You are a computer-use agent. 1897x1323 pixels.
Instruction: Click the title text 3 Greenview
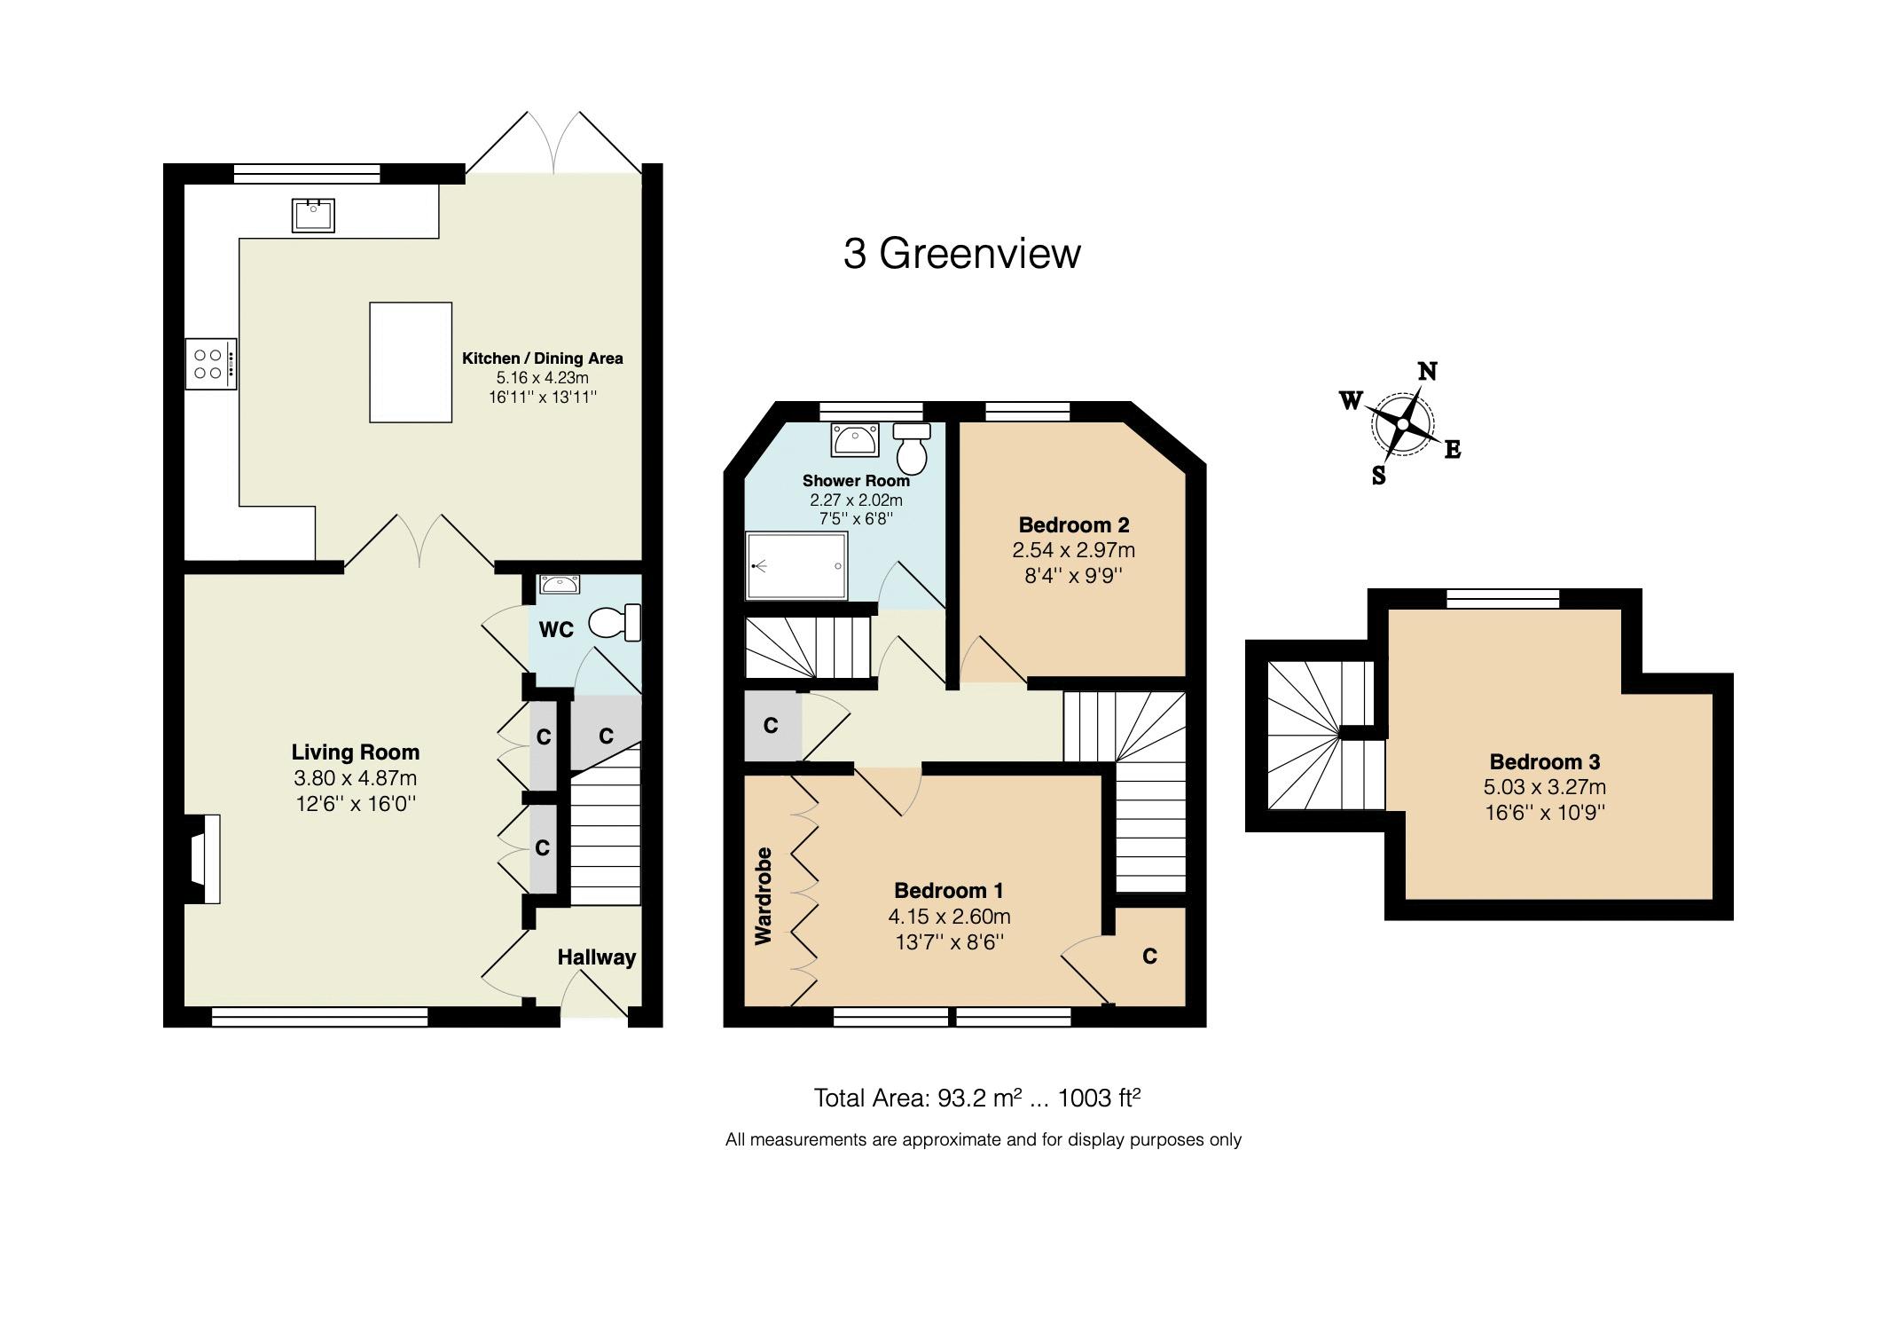pyautogui.click(x=961, y=254)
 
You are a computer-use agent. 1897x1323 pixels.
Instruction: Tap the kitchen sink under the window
pyautogui.click(x=313, y=215)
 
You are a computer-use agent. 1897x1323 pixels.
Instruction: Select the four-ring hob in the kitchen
pyautogui.click(x=211, y=364)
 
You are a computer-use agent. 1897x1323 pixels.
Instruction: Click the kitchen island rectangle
pyautogui.click(x=411, y=362)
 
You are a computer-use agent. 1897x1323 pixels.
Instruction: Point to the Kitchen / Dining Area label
pyautogui.click(x=543, y=358)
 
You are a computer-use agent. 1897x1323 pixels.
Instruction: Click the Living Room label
pyautogui.click(x=356, y=752)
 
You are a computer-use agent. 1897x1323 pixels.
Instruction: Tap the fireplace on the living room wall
pyautogui.click(x=202, y=859)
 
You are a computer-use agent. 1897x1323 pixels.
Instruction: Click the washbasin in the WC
pyautogui.click(x=559, y=584)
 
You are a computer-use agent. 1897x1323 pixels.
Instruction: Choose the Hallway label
pyautogui.click(x=597, y=957)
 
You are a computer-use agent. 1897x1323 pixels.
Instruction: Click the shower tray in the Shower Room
pyautogui.click(x=796, y=565)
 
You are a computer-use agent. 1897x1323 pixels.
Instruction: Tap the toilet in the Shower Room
pyautogui.click(x=912, y=448)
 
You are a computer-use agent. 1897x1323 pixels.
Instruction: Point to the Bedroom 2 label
pyautogui.click(x=1074, y=524)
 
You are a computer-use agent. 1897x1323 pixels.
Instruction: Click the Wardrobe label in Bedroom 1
pyautogui.click(x=764, y=895)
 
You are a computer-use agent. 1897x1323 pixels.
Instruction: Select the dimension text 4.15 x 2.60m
pyautogui.click(x=950, y=916)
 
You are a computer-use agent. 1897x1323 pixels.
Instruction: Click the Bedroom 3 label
pyautogui.click(x=1545, y=761)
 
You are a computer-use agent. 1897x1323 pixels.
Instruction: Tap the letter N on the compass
pyautogui.click(x=1427, y=372)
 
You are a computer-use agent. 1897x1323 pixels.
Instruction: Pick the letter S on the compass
pyautogui.click(x=1379, y=476)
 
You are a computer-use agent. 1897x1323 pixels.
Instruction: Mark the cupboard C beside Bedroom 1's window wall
pyautogui.click(x=1149, y=957)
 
